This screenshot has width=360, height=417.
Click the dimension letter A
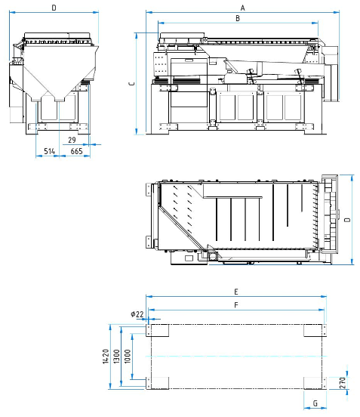[242, 8]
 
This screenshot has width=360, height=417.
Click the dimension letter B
[238, 18]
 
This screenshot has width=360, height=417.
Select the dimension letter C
[132, 84]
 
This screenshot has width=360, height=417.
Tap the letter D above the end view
[54, 8]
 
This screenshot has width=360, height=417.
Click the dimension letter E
[236, 292]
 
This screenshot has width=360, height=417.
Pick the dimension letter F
[236, 305]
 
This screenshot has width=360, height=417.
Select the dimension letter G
[315, 403]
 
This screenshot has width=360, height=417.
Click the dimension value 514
[49, 151]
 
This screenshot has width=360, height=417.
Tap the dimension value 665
[76, 151]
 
